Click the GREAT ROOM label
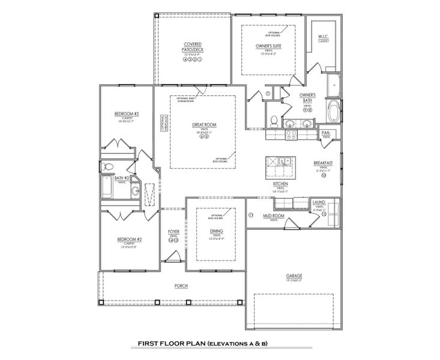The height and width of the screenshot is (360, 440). (x=204, y=125)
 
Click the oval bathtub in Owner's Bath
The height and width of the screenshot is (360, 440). (x=333, y=112)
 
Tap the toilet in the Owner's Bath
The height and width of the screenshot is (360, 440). (x=273, y=121)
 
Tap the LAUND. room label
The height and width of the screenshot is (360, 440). (x=318, y=203)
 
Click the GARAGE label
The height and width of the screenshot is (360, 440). (x=294, y=276)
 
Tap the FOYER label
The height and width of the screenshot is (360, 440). (x=173, y=231)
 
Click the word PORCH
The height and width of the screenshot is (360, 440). (x=181, y=286)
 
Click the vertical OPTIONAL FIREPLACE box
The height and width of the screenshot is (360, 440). (x=161, y=124)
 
